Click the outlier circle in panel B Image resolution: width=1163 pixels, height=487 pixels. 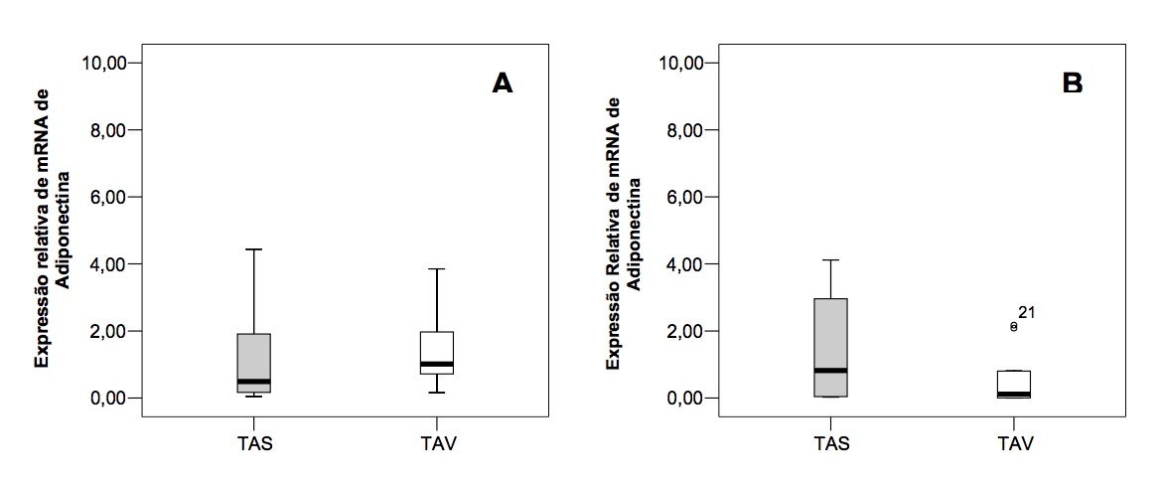point(1013,326)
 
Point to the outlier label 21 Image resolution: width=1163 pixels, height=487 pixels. point(1027,313)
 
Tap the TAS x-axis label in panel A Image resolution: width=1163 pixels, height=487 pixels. point(254,444)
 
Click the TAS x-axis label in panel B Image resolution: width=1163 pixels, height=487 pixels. point(830,444)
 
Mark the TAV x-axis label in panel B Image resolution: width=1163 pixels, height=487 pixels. point(1013,444)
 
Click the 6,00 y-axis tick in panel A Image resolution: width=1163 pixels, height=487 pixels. point(112,197)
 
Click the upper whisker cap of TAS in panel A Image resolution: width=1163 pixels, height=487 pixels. point(253,249)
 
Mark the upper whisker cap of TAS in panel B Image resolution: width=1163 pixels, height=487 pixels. point(830,260)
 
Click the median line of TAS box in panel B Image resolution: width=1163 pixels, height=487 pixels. point(830,370)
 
